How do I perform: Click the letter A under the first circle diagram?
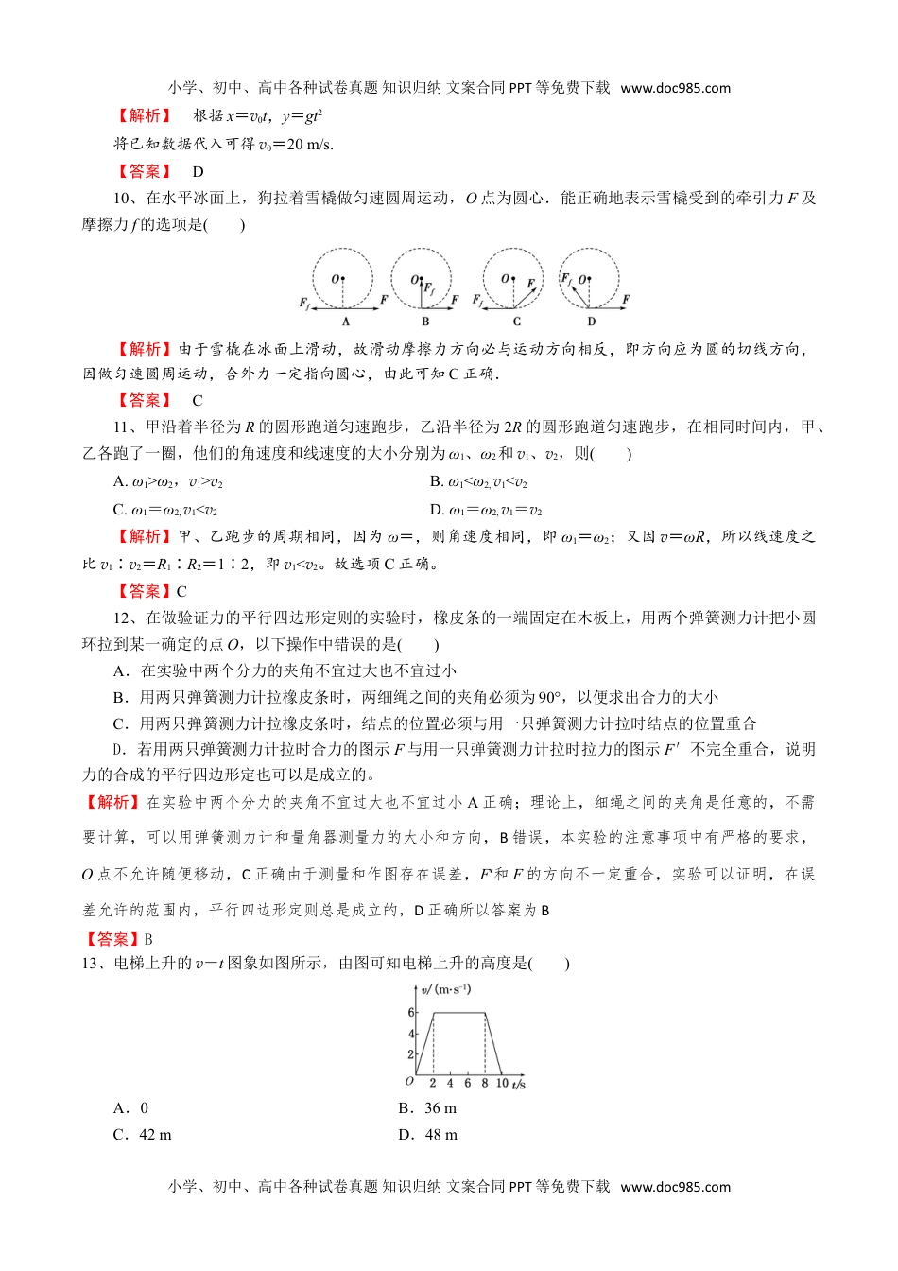[x=346, y=322]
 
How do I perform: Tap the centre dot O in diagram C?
[x=515, y=278]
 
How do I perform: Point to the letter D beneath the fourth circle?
[x=592, y=322]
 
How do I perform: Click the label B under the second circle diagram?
[x=425, y=322]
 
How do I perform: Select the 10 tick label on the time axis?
[x=502, y=1084]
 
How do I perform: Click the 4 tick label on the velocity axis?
[x=411, y=1034]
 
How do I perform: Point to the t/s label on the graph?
[x=518, y=1085]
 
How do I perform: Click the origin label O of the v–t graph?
[x=409, y=1081]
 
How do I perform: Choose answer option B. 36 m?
[x=427, y=1108]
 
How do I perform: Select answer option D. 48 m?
[x=428, y=1135]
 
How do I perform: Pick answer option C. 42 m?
[x=143, y=1135]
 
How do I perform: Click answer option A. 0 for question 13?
[x=131, y=1108]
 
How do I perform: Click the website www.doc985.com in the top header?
[x=676, y=88]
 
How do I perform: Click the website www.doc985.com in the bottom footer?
[x=676, y=1187]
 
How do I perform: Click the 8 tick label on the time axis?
[x=485, y=1084]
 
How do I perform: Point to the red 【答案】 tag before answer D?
[x=144, y=172]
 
